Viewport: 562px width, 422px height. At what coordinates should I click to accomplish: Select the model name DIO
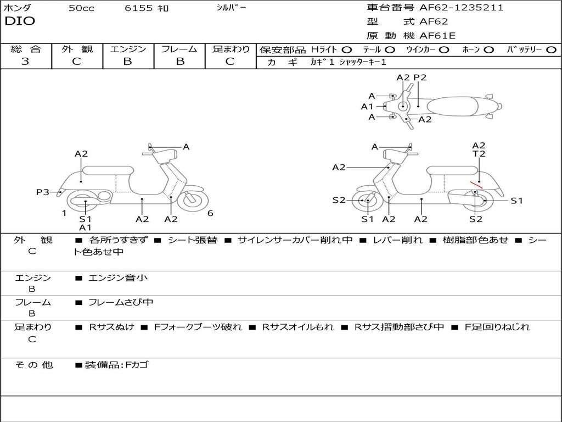20,21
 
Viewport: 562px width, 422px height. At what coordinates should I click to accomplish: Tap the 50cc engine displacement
81,8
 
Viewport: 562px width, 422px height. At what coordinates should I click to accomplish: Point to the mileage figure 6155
139,8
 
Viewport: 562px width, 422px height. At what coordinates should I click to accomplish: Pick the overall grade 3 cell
25,62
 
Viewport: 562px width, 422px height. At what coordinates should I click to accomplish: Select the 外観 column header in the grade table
77,49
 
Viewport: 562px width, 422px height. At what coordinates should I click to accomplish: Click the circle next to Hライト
347,49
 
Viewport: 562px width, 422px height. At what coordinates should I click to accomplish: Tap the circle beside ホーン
489,49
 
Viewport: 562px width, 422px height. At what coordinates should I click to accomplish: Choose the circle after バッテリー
551,49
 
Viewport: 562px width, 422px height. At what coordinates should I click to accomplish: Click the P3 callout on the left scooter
43,192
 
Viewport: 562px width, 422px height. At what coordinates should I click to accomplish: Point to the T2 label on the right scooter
479,154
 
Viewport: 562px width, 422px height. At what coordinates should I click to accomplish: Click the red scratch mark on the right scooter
475,185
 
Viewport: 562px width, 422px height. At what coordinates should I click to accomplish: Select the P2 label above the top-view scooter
420,77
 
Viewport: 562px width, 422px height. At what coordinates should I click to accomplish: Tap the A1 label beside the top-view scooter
367,107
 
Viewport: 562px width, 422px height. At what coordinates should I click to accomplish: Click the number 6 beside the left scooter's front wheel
210,214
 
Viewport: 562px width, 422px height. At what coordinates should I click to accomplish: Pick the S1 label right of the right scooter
516,201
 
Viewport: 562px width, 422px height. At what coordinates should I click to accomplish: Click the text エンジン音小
118,278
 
